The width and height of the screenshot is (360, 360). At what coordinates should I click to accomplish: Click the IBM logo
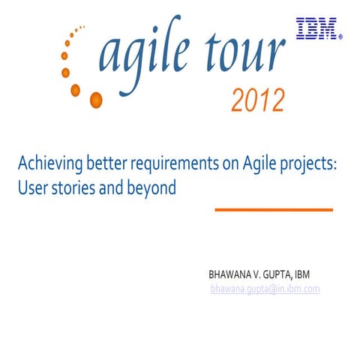pos(316,28)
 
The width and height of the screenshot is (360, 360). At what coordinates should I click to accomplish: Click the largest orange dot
pos(95,99)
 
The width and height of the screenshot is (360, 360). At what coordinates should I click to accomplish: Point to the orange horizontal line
pos(274,209)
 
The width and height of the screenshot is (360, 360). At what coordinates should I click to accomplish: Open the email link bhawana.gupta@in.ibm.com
pos(265,289)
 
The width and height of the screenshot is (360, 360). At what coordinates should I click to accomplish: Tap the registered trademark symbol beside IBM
pos(340,34)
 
